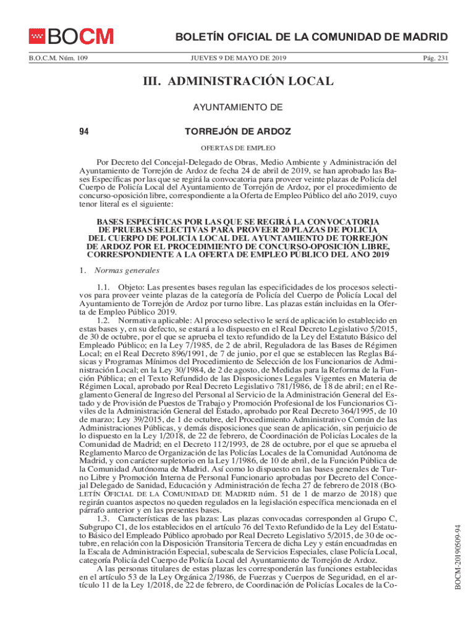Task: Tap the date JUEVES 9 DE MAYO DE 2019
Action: click(x=237, y=58)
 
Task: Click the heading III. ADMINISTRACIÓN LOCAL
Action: click(x=238, y=81)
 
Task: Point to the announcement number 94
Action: click(x=84, y=131)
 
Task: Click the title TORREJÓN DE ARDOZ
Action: click(x=238, y=131)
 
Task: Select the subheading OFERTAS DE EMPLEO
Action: click(x=237, y=148)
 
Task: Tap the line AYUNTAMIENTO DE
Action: click(x=238, y=107)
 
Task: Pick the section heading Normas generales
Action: click(x=127, y=271)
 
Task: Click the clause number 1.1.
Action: click(x=104, y=288)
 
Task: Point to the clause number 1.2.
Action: click(x=104, y=322)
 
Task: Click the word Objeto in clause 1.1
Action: click(x=130, y=288)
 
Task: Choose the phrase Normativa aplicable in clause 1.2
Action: click(x=155, y=322)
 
